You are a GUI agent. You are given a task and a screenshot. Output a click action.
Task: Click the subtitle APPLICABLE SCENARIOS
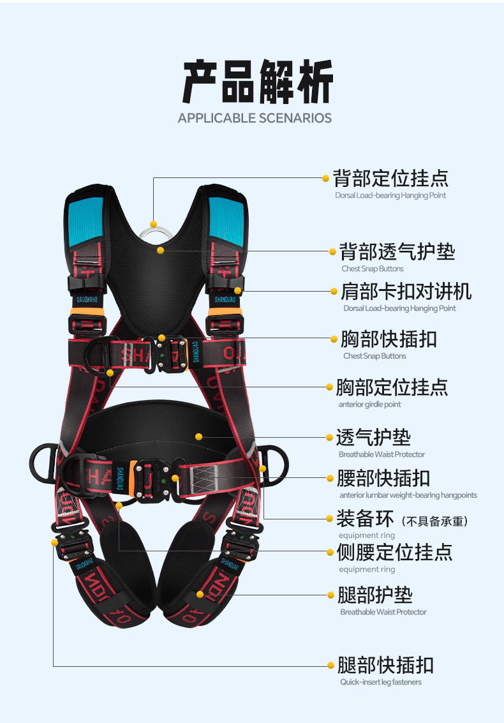[x=255, y=118]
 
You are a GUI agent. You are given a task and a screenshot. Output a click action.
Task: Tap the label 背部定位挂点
[x=390, y=178]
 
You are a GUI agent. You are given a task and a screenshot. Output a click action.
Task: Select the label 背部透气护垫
[x=396, y=251]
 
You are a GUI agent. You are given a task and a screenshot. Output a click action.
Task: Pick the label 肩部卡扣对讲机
[x=406, y=292]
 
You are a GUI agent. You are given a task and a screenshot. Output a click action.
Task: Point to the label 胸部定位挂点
[x=392, y=387]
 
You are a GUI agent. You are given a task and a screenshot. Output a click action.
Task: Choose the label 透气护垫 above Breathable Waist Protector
[x=373, y=438]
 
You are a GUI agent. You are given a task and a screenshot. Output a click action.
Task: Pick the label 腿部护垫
[x=374, y=595]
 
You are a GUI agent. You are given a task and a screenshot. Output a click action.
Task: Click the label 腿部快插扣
[x=385, y=666]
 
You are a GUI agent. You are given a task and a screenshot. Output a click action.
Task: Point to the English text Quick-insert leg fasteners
[x=380, y=682]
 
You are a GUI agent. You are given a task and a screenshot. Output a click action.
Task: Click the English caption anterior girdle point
[x=369, y=405]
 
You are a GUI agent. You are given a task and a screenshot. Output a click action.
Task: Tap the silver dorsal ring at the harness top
[x=154, y=234]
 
